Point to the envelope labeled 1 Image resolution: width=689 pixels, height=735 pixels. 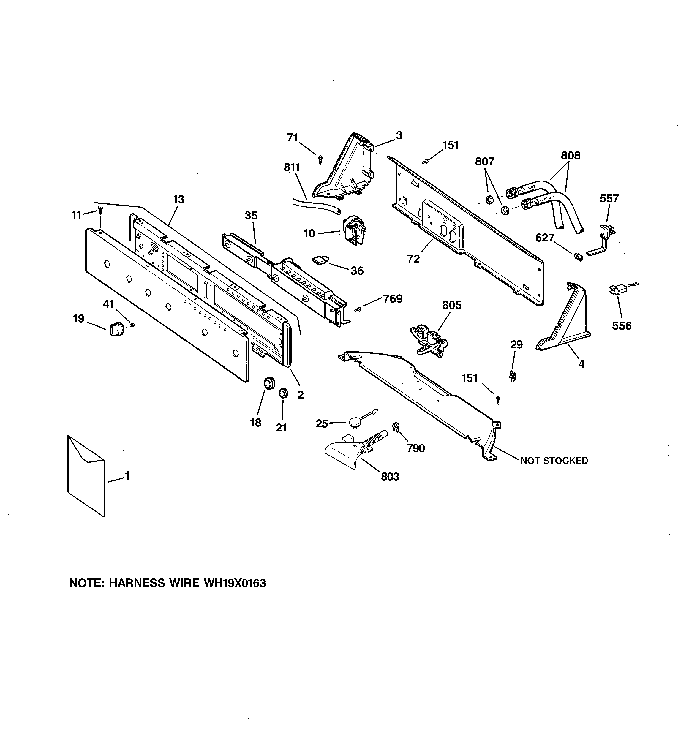click(x=86, y=475)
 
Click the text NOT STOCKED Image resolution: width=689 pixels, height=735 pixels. click(x=554, y=461)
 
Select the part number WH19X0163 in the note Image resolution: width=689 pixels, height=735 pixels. click(x=235, y=583)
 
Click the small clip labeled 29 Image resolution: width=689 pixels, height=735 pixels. click(x=513, y=376)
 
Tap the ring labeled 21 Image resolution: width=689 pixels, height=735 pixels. click(x=283, y=393)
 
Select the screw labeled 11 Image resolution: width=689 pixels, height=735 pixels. click(x=101, y=210)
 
